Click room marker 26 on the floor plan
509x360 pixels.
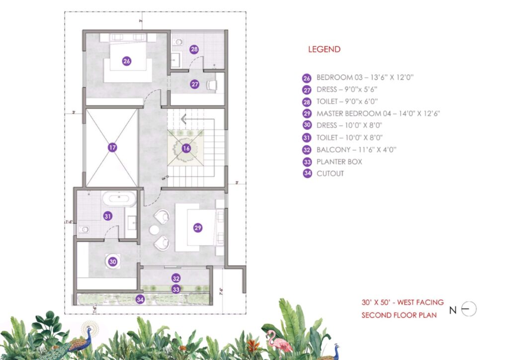point(126,61)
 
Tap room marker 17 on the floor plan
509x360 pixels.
point(112,147)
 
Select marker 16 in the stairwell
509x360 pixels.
point(186,148)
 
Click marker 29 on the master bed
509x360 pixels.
point(198,228)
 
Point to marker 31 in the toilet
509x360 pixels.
point(107,216)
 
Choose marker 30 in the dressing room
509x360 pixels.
point(113,261)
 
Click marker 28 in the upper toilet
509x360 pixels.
point(194,49)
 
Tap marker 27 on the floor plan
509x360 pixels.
point(194,85)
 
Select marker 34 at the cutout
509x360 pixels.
point(141,299)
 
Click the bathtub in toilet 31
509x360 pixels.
point(119,199)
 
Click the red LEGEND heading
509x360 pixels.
point(324,49)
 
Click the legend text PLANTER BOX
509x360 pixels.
point(339,162)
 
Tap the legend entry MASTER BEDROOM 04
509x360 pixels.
point(378,113)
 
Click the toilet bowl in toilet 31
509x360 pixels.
point(84,230)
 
